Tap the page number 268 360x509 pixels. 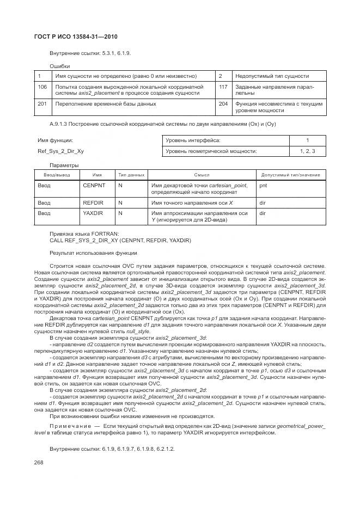tap(39, 462)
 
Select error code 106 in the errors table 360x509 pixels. tap(42, 87)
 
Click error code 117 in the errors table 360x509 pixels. tap(223, 87)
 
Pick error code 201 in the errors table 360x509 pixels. tap(42, 103)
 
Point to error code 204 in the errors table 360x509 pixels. tap(223, 103)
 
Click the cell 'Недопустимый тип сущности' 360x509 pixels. tap(272, 76)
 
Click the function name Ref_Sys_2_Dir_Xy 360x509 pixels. tap(60, 151)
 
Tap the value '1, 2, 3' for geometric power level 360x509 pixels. tap(307, 151)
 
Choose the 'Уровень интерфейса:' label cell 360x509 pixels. tap(188, 140)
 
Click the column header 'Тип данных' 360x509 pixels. tap(131, 175)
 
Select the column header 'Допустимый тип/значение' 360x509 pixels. tap(290, 175)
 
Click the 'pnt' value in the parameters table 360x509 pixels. tap(263, 186)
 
